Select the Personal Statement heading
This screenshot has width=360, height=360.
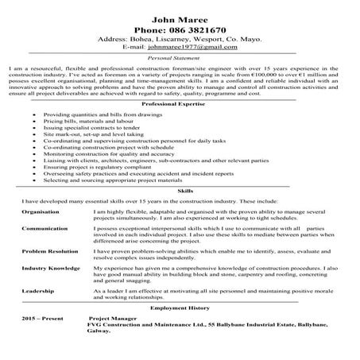click(x=180, y=59)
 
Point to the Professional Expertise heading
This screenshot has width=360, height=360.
click(x=180, y=104)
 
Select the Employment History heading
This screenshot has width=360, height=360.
click(x=180, y=306)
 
